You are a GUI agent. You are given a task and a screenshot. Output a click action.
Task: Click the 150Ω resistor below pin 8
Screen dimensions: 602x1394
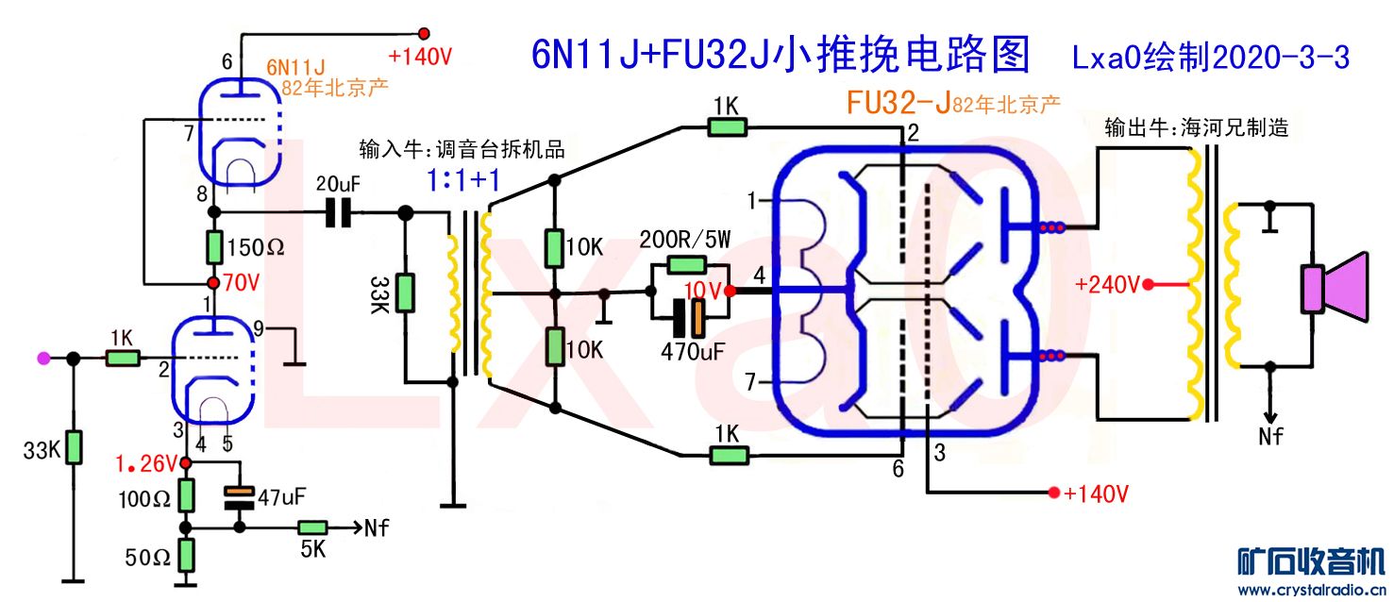[x=215, y=247]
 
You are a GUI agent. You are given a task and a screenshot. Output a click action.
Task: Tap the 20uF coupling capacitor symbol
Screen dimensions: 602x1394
[x=337, y=213]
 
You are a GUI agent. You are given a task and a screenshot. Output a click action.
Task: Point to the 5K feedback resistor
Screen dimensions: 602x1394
[x=312, y=527]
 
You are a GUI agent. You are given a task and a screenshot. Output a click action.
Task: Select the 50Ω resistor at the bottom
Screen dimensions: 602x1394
[x=187, y=553]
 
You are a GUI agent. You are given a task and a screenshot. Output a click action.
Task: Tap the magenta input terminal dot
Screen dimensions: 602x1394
[x=42, y=358]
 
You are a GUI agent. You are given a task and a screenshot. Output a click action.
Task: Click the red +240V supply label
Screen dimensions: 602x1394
[x=1109, y=284]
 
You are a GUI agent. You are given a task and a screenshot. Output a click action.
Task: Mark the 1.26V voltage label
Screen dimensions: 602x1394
[x=146, y=463]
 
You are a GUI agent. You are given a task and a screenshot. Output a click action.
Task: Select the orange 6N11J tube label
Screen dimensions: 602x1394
[x=294, y=67]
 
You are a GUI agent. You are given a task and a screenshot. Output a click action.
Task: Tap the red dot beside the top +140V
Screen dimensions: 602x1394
[x=424, y=32]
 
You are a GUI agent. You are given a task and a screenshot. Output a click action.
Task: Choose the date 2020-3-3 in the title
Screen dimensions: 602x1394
[x=1278, y=59]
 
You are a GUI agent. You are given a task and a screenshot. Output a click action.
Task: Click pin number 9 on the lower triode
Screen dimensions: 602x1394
[x=259, y=329]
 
